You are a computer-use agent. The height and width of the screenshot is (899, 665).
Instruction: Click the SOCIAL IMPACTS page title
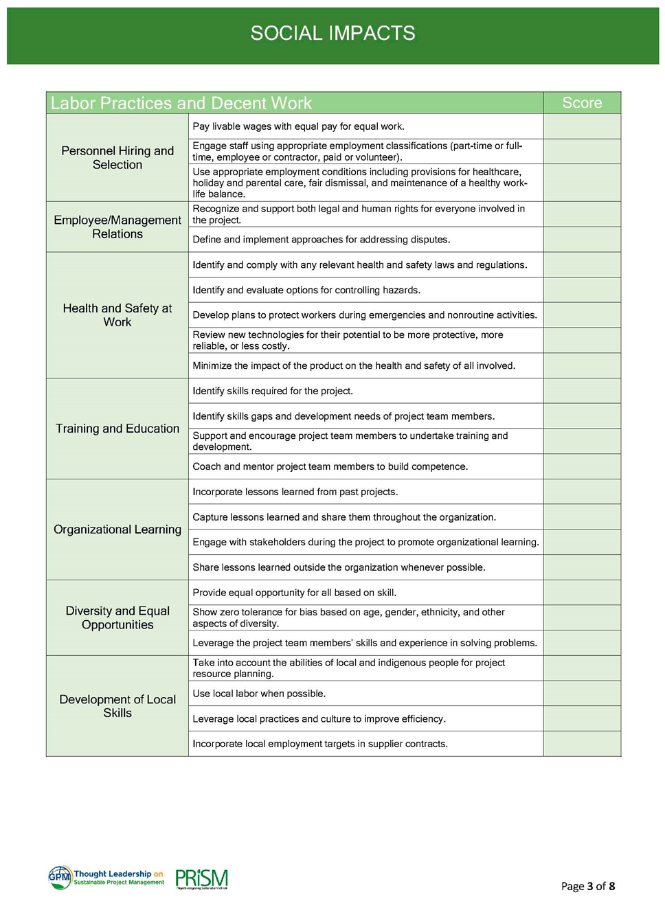pos(332,33)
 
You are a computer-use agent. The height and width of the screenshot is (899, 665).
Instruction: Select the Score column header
pos(582,103)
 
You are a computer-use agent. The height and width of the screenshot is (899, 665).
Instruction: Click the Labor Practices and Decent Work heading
pos(181,103)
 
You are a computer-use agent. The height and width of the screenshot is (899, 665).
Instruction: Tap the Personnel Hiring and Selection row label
pos(117,158)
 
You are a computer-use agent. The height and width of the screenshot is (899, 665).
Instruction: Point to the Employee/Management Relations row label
pos(117,227)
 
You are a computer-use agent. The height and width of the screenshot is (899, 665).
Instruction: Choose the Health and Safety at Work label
pos(117,315)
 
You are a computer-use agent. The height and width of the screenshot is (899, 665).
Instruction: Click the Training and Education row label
pos(117,429)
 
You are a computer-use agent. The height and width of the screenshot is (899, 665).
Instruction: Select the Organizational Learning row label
pos(117,530)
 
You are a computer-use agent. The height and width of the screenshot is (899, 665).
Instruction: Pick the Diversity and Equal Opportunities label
pos(117,617)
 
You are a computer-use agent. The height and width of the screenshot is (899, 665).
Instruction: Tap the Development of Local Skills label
pos(117,706)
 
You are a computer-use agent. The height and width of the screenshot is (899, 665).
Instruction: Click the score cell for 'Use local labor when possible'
pos(582,694)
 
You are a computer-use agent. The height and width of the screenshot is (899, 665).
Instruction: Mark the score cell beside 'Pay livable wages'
pos(582,126)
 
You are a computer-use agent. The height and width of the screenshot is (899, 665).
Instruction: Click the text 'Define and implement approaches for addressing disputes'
pos(322,240)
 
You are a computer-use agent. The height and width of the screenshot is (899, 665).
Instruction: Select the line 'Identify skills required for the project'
pos(273,391)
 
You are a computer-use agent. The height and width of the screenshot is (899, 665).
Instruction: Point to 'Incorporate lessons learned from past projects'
pos(295,492)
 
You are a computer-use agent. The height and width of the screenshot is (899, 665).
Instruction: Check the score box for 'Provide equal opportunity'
pos(582,593)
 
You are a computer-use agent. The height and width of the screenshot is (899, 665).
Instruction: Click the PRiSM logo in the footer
pos(201,879)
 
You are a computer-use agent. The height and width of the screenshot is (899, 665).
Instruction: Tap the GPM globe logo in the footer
pos(60,877)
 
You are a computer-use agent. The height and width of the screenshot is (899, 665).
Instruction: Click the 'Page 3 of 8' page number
pos(587,886)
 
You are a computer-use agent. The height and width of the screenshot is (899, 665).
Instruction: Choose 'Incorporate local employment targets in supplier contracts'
pos(320,744)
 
